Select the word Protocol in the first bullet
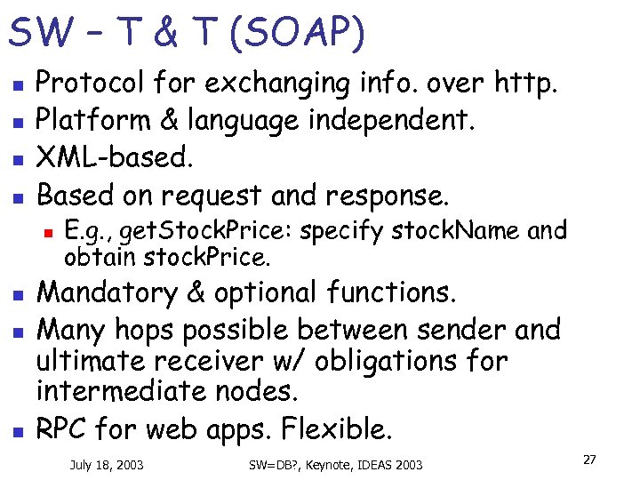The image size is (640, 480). [x=91, y=84]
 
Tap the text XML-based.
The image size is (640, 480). [x=112, y=156]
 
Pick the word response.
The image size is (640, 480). [x=401, y=194]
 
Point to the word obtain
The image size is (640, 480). [x=92, y=258]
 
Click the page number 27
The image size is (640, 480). [x=588, y=460]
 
